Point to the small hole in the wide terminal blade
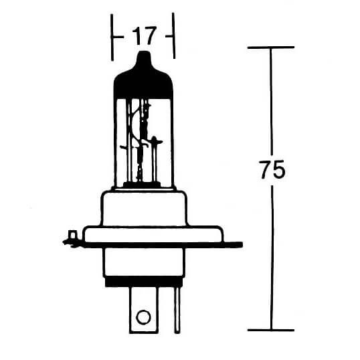[x=142, y=317]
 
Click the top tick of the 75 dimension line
[x=270, y=48]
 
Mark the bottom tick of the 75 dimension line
[x=270, y=329]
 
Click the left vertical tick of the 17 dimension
[x=112, y=35]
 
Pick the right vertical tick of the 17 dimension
[x=174, y=35]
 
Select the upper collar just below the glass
[x=145, y=207]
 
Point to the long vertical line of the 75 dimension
[x=271, y=254]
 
